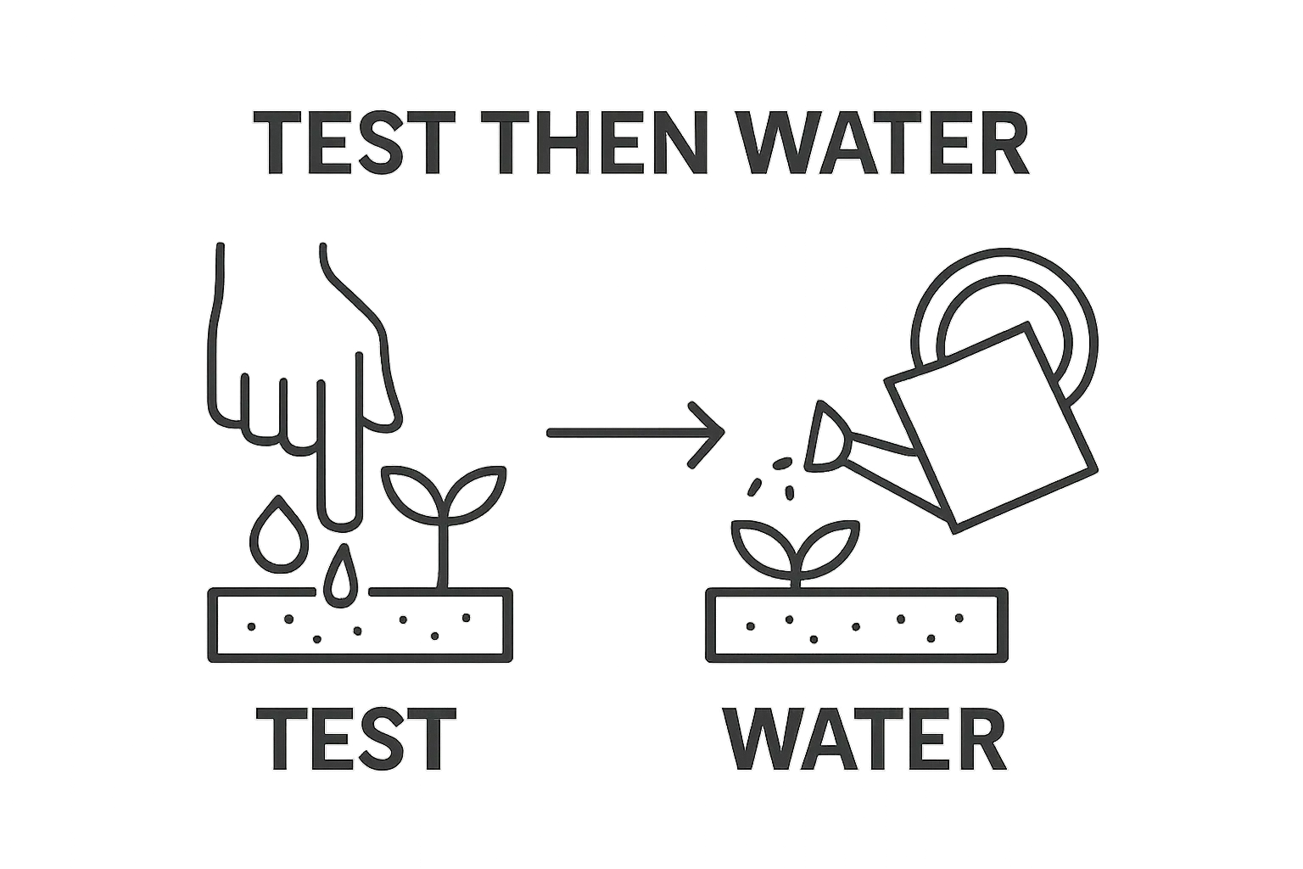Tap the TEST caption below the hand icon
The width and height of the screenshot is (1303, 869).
pos(356,739)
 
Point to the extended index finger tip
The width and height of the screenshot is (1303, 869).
pos(342,521)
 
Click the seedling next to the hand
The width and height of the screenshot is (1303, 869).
pos(445,527)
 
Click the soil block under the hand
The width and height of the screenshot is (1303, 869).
pos(360,625)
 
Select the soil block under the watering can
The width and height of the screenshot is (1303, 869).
pos(857,625)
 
